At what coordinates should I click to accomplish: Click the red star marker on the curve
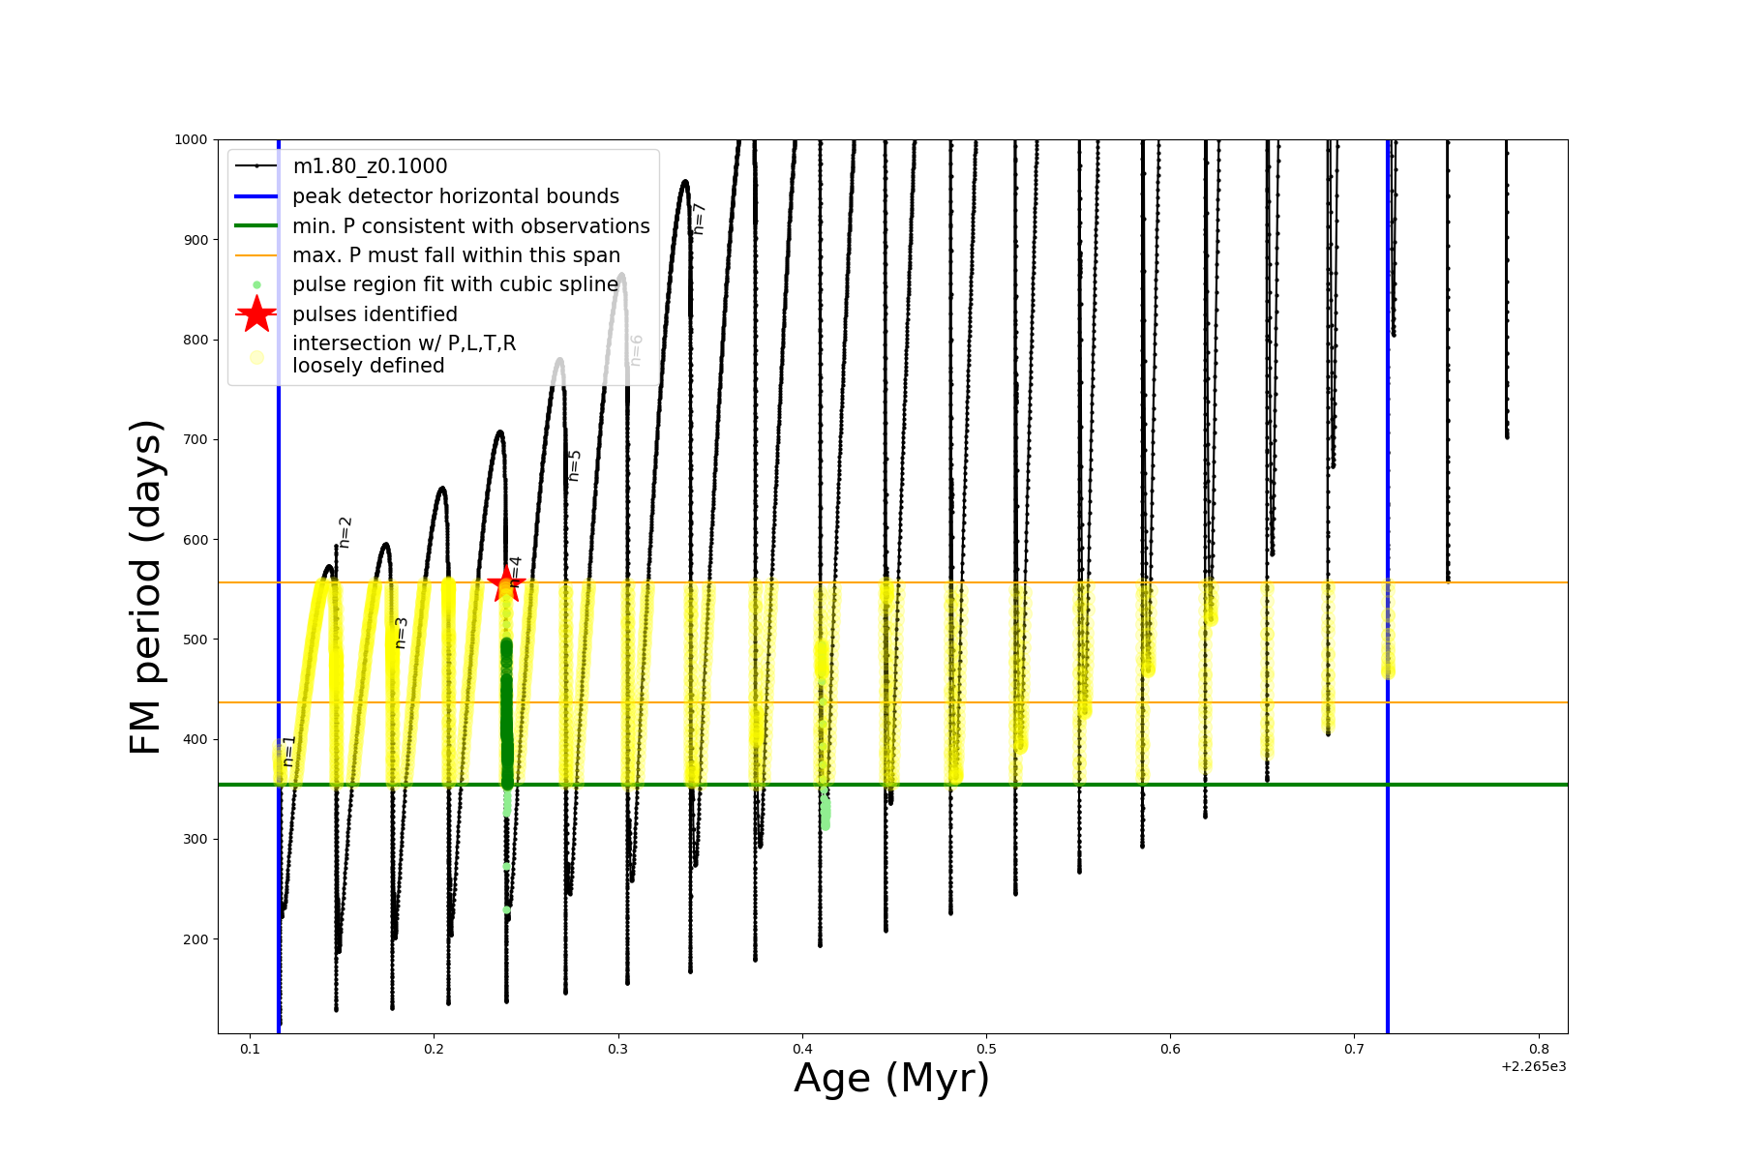pyautogui.click(x=505, y=583)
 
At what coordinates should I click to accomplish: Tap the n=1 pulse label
pyautogui.click(x=288, y=751)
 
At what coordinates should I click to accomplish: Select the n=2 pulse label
pyautogui.click(x=345, y=532)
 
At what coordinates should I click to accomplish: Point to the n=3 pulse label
pyautogui.click(x=401, y=633)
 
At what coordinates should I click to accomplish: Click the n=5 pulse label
pyautogui.click(x=574, y=465)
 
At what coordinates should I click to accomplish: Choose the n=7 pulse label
pyautogui.click(x=699, y=219)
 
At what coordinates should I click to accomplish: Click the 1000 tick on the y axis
pyautogui.click(x=191, y=139)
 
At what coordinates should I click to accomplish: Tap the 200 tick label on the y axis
pyautogui.click(x=195, y=939)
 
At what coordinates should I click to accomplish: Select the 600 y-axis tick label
pyautogui.click(x=195, y=540)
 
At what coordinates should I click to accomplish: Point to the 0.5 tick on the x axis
pyautogui.click(x=986, y=1049)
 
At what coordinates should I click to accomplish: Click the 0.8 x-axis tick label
pyautogui.click(x=1539, y=1049)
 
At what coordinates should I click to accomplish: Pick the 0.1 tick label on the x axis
pyautogui.click(x=250, y=1049)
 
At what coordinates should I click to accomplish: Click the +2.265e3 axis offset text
pyautogui.click(x=1533, y=1066)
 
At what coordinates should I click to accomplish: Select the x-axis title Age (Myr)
pyautogui.click(x=891, y=1079)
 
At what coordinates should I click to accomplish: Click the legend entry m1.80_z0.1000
pyautogui.click(x=370, y=166)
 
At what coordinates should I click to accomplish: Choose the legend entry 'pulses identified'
pyautogui.click(x=375, y=314)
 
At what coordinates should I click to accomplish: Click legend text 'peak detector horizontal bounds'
pyautogui.click(x=455, y=196)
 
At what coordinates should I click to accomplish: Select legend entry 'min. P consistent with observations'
pyautogui.click(x=470, y=226)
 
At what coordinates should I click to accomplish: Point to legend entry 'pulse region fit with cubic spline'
pyautogui.click(x=455, y=284)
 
